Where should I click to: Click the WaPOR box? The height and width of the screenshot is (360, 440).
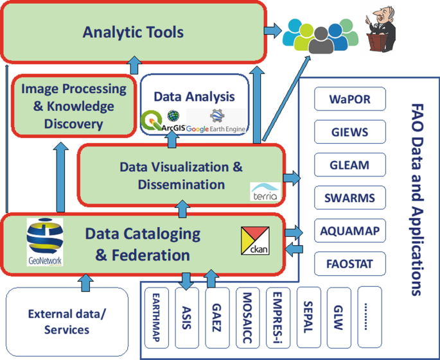point(350,100)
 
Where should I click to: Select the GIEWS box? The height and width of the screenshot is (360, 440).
point(350,132)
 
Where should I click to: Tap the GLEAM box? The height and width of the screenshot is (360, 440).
point(350,165)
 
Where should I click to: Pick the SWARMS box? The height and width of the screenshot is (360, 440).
point(350,198)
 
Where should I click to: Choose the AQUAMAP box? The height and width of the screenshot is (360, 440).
point(350,230)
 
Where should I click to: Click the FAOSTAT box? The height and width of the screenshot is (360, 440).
point(350,263)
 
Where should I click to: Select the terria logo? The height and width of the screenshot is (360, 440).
point(263,191)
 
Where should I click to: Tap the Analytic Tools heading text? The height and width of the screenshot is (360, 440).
point(133,31)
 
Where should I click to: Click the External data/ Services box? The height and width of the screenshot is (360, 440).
point(67,322)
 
